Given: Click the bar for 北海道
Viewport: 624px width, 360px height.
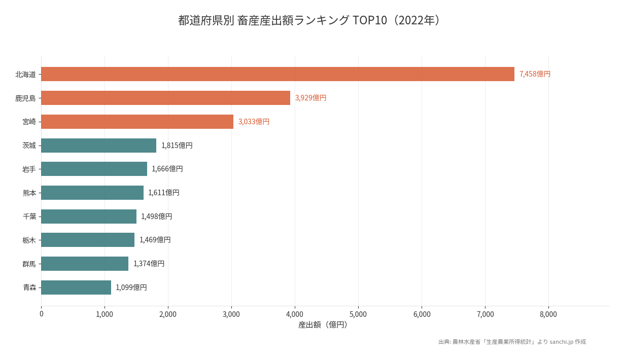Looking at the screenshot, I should (x=278, y=74).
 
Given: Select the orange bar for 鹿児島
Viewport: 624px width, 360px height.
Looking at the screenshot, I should (x=165, y=98).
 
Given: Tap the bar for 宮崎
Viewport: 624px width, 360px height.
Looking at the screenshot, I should (x=137, y=122).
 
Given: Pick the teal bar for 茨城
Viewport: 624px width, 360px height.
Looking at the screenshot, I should (x=98, y=146).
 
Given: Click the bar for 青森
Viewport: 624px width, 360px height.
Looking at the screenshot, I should (x=76, y=287).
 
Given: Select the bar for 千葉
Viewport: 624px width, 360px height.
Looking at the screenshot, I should (x=89, y=217).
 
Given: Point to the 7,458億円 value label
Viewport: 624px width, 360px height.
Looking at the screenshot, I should (x=535, y=74).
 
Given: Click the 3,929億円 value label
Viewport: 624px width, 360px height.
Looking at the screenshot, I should (x=310, y=98).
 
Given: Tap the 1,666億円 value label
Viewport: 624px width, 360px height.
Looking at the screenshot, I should (x=167, y=169).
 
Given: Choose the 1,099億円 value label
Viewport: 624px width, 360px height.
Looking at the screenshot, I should (x=131, y=287).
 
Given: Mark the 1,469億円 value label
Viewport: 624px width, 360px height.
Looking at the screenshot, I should (x=155, y=240).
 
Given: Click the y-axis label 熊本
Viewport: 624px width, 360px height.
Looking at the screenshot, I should (x=29, y=193).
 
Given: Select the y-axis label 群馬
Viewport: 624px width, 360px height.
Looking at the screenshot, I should (x=29, y=264).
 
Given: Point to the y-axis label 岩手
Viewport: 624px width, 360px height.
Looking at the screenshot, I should (x=29, y=169).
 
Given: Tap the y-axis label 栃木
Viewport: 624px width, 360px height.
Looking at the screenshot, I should (x=29, y=240).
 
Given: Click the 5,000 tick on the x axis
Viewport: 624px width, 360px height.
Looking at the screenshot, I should (x=358, y=314).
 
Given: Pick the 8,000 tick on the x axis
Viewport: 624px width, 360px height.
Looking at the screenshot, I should (x=548, y=314).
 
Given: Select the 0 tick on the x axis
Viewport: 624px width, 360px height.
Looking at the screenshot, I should (x=41, y=314).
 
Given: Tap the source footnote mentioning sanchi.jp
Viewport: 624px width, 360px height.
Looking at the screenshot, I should (x=512, y=342).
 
